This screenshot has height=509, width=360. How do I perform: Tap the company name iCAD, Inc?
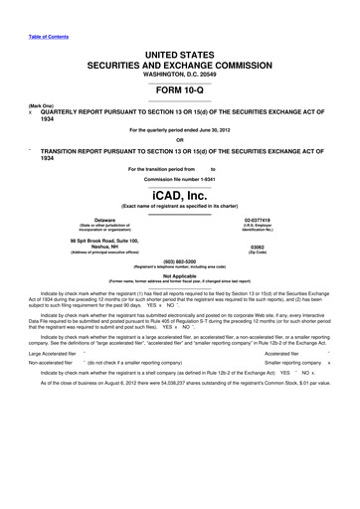[180, 195]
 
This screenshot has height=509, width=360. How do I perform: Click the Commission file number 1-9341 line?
[180, 178]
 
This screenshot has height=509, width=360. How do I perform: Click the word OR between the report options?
[180, 138]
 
